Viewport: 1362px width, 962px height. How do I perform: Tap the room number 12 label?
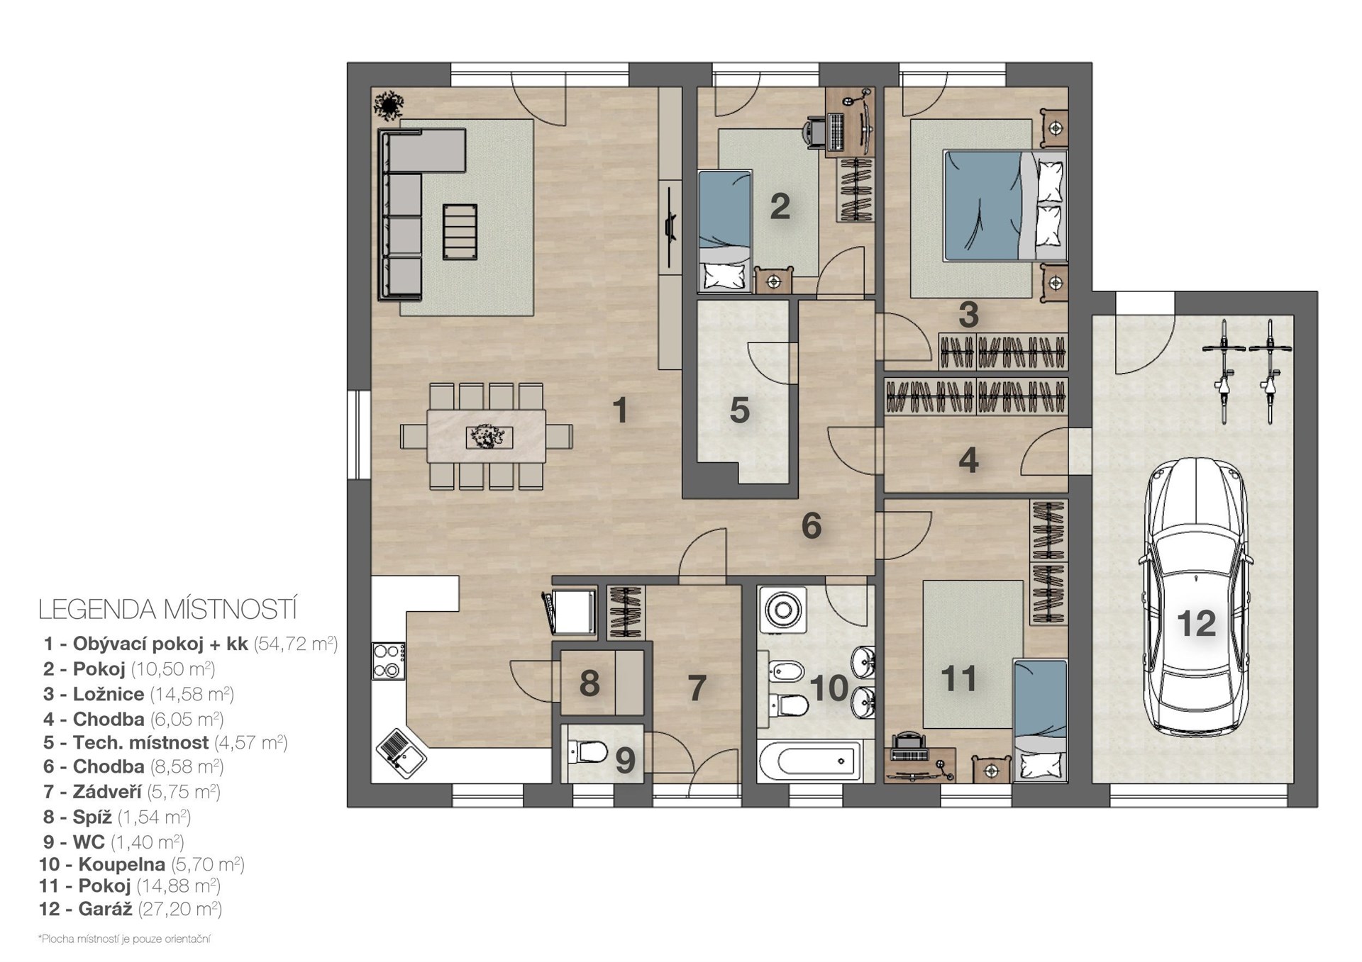point(1196,624)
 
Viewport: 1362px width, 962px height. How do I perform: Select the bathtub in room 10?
point(809,761)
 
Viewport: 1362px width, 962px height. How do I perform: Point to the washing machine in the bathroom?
point(783,609)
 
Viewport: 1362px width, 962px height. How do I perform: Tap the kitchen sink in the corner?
point(401,754)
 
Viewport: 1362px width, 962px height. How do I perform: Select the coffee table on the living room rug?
point(460,232)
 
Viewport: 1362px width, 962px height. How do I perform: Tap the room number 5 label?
point(740,410)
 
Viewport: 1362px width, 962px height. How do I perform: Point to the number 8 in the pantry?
point(589,684)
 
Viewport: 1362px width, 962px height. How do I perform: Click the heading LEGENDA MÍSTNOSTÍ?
point(168,610)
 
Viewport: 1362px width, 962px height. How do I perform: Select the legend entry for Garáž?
point(131,909)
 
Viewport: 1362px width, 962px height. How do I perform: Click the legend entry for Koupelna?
point(142,864)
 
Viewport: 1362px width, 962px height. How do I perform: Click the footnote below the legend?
point(125,939)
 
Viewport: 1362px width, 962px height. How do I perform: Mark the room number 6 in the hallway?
point(812,526)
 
